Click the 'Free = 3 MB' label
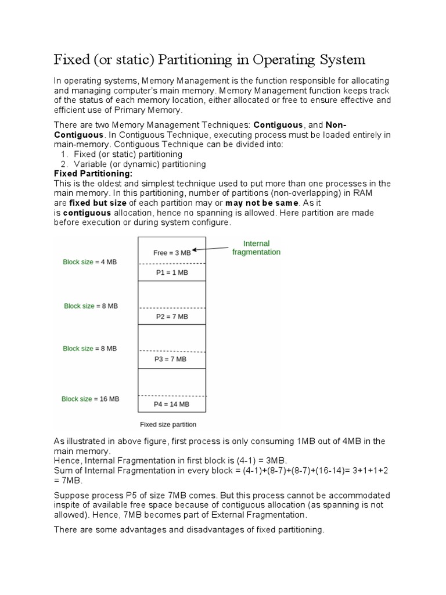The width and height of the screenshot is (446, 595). pyautogui.click(x=171, y=253)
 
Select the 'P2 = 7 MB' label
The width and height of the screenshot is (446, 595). pyautogui.click(x=171, y=317)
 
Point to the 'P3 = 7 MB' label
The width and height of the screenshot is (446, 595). pyautogui.click(x=171, y=360)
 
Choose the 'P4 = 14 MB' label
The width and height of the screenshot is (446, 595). pyautogui.click(x=171, y=404)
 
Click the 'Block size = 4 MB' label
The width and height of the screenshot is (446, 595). pyautogui.click(x=89, y=262)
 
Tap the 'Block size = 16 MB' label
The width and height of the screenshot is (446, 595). pyautogui.click(x=90, y=399)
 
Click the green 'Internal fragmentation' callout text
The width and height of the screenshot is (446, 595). pyautogui.click(x=256, y=248)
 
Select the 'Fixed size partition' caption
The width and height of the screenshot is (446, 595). pyautogui.click(x=168, y=424)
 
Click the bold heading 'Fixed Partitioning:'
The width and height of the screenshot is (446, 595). pyautogui.click(x=93, y=174)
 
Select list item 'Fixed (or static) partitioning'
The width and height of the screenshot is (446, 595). pyautogui.click(x=128, y=154)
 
